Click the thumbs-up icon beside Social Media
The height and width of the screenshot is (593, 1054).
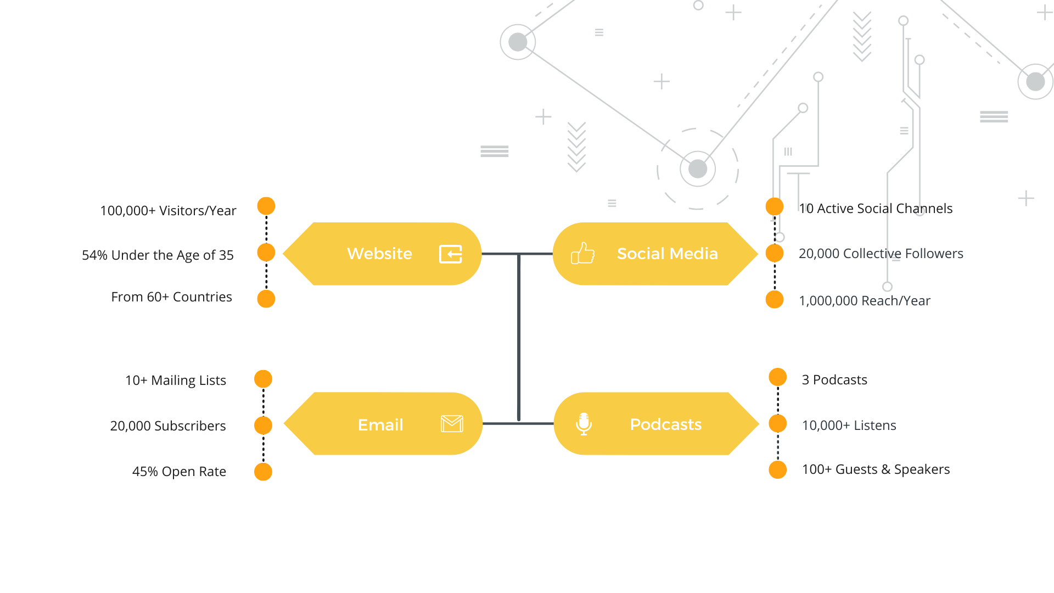582,253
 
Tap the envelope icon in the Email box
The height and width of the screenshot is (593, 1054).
452,424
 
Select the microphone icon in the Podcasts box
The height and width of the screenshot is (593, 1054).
584,424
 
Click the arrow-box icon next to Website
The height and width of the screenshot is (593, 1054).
451,254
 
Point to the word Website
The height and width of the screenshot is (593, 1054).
379,254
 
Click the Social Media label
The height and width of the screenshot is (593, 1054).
667,254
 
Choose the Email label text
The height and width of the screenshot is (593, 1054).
380,424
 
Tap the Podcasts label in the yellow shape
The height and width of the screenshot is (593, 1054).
665,424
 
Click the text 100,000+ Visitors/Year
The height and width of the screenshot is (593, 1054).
168,211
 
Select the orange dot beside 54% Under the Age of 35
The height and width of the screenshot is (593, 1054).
266,253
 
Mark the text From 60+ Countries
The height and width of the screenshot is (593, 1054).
171,297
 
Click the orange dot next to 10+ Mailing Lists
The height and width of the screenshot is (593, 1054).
263,379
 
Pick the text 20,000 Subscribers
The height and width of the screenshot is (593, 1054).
168,426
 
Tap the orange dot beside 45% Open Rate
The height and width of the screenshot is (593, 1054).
263,472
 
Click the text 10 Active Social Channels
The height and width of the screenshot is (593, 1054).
876,209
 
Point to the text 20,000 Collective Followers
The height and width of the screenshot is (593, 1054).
881,254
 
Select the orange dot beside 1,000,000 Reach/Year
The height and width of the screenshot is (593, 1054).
775,299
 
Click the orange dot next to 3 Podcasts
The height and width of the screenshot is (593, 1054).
778,377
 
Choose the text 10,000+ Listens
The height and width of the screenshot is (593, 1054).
849,426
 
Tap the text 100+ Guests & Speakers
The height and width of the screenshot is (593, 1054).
876,469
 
